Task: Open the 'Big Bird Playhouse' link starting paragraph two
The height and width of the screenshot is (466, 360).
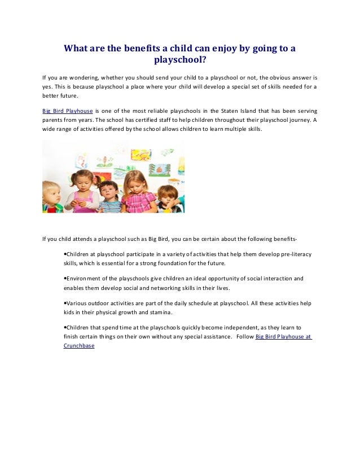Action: point(68,110)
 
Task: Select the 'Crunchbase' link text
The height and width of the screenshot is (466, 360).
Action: point(79,346)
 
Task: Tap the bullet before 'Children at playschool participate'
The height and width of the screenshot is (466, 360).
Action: point(65,254)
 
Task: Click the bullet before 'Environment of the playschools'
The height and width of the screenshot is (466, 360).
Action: point(65,278)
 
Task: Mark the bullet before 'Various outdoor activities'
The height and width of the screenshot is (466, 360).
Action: point(65,303)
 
